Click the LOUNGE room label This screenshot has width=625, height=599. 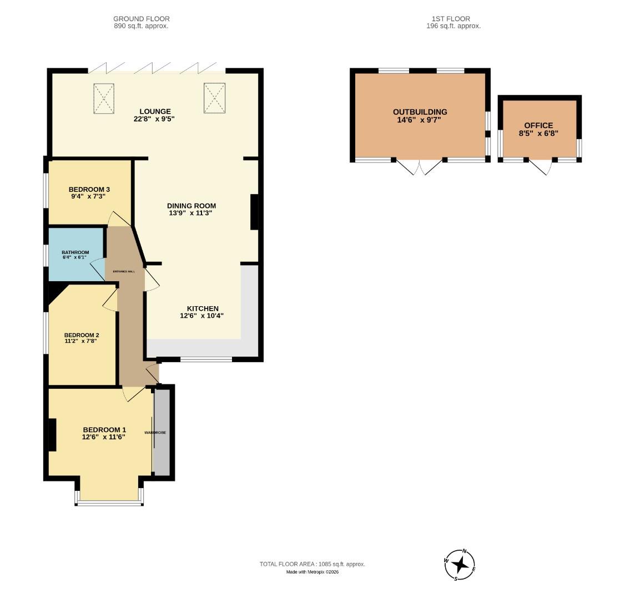(x=155, y=111)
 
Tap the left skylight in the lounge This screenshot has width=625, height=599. (x=103, y=98)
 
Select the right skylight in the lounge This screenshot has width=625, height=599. (x=214, y=98)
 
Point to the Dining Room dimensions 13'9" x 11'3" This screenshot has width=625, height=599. (x=191, y=213)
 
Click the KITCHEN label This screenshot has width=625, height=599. (x=202, y=308)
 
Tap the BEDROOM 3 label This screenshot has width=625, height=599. (x=89, y=190)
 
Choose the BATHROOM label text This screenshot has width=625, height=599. (x=75, y=252)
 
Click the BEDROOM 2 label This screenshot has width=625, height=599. (x=82, y=335)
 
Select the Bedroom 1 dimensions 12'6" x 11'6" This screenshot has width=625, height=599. (x=104, y=437)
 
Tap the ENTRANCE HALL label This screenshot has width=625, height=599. (x=124, y=271)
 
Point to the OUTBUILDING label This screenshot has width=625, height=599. (x=420, y=112)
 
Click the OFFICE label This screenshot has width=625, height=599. (x=538, y=126)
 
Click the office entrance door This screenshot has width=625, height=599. (x=540, y=166)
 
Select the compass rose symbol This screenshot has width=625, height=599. (x=460, y=565)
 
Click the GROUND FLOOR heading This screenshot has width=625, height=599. (x=141, y=19)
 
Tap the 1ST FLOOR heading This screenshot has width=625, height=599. (x=453, y=19)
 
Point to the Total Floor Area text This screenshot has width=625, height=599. (x=312, y=564)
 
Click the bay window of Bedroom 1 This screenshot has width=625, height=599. (x=109, y=502)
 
